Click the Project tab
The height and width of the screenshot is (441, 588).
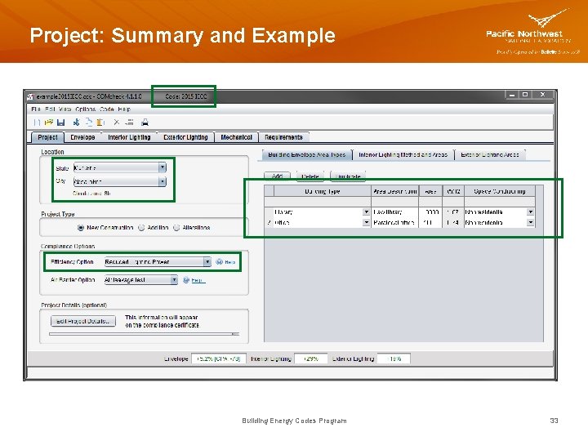(47, 137)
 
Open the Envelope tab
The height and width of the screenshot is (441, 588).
(82, 137)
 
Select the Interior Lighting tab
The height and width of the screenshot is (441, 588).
(129, 137)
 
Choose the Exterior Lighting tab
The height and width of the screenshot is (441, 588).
(185, 137)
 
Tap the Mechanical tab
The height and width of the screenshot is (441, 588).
(236, 137)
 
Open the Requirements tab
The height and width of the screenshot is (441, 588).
(283, 137)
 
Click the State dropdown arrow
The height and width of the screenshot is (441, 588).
(163, 167)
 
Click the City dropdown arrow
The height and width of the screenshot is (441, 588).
(163, 181)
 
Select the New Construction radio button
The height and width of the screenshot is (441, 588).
(81, 228)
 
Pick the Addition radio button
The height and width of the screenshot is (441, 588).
(141, 228)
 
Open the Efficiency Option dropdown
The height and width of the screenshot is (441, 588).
(207, 262)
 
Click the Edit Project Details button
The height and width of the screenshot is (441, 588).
(83, 321)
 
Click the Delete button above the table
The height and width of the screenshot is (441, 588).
(310, 176)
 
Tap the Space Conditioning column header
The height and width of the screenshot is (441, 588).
(500, 191)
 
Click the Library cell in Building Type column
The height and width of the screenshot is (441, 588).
(318, 212)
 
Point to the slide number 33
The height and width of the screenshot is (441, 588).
(554, 421)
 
